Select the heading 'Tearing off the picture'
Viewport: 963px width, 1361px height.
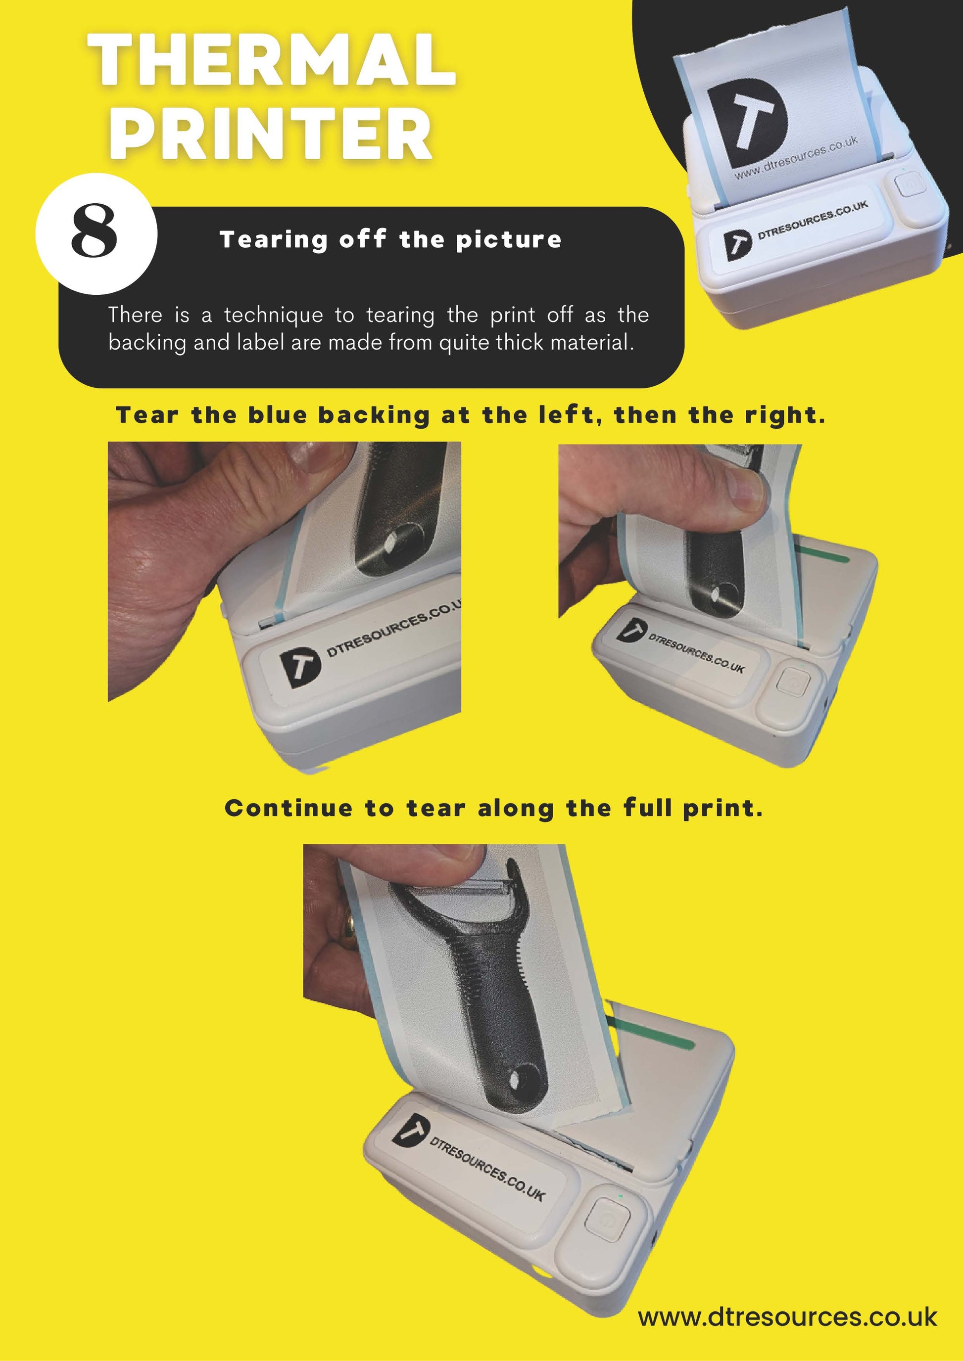[390, 239]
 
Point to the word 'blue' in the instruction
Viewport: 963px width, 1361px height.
[278, 415]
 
